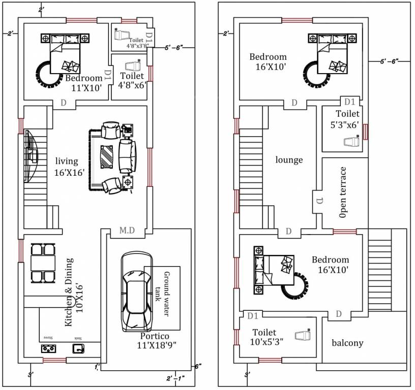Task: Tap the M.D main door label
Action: [127, 231]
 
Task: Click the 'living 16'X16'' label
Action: [69, 167]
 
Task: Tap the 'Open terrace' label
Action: [343, 192]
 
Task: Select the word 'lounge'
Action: [289, 160]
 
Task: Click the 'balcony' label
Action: [347, 343]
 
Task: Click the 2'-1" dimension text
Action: [175, 378]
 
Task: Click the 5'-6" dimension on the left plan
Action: [173, 48]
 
